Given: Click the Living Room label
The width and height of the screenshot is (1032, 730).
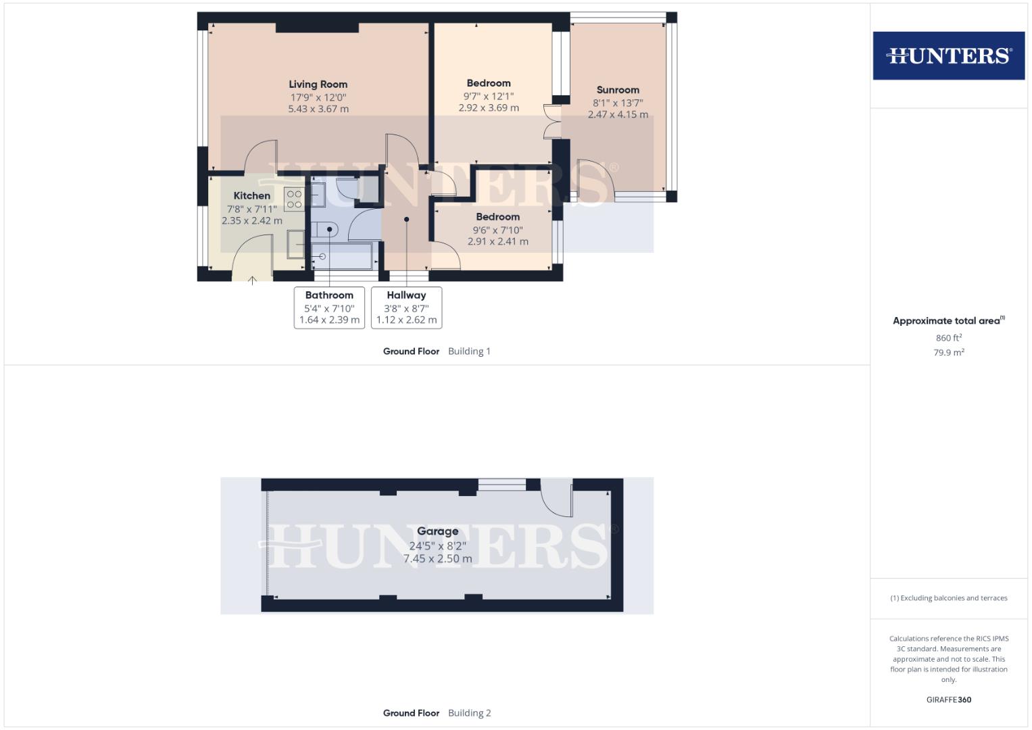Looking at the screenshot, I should tap(318, 84).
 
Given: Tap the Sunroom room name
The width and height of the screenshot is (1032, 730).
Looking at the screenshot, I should tap(618, 90).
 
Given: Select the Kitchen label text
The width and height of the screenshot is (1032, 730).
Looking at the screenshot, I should tap(251, 196).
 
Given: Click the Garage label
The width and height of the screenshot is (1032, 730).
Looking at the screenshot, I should tap(437, 531).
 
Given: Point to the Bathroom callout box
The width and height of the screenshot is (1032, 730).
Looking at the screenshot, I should tap(329, 308).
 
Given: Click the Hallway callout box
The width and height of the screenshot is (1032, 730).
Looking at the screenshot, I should tap(406, 308).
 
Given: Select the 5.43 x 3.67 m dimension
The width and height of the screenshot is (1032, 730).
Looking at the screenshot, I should tap(318, 109).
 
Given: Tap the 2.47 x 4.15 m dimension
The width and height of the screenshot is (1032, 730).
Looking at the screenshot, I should tap(618, 115).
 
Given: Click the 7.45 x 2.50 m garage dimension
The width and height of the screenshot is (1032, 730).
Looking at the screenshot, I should tap(437, 559).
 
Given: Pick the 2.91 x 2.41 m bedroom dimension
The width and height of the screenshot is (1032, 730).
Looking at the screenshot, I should tap(497, 241).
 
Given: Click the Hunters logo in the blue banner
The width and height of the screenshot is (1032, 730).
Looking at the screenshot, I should tap(948, 55).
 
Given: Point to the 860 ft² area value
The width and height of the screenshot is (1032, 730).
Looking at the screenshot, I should tap(948, 338).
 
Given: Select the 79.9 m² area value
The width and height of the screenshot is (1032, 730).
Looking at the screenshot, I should tap(948, 352).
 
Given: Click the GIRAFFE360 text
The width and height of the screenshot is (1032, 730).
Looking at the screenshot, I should tap(948, 700).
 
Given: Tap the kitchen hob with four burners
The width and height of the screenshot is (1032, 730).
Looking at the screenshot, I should tap(294, 199).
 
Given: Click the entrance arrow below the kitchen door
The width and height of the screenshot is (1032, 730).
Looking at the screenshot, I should tap(252, 280).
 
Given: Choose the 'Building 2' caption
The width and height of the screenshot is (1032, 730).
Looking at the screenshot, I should tap(469, 713).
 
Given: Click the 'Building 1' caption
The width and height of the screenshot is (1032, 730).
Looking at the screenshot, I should tap(469, 351).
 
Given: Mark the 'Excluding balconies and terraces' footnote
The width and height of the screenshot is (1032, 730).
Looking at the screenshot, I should tap(948, 598).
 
